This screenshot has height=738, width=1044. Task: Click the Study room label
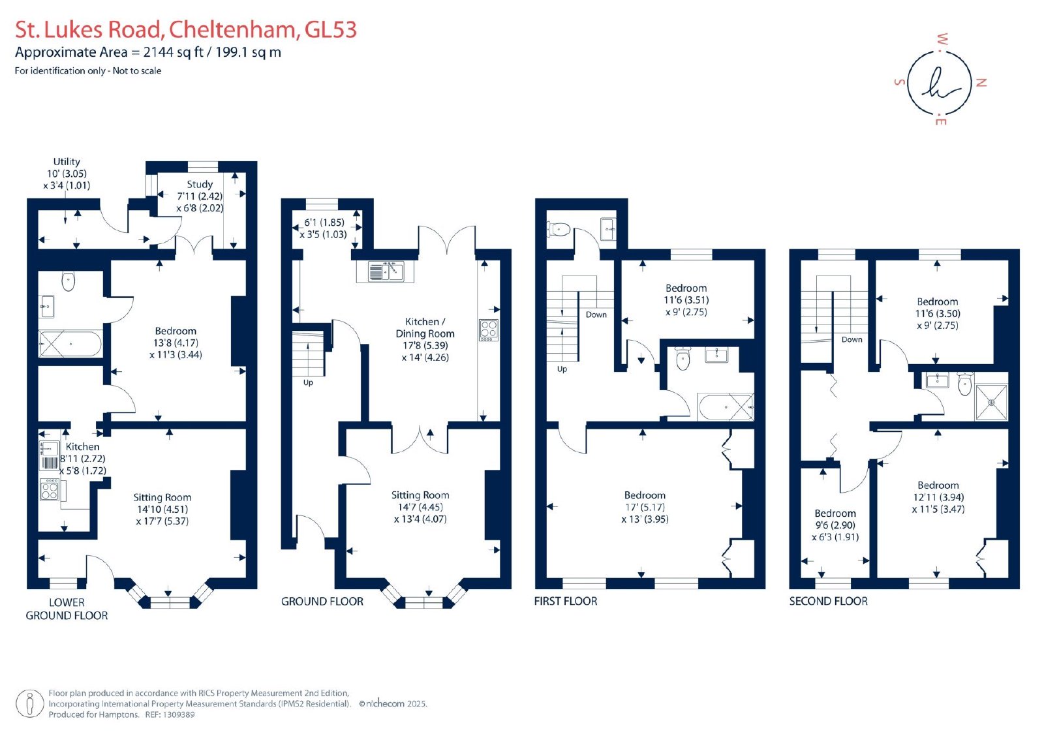click(200, 184)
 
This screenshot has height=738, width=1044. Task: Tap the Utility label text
click(66, 161)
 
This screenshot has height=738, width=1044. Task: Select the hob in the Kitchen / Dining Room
click(489, 330)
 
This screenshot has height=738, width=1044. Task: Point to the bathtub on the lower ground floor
click(70, 344)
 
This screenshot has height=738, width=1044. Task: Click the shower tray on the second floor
click(992, 402)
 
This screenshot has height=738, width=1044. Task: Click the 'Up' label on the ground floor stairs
click(308, 382)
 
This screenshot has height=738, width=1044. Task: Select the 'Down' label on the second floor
click(852, 339)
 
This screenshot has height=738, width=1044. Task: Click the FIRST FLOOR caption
click(565, 601)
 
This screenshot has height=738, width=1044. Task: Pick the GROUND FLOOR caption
click(322, 602)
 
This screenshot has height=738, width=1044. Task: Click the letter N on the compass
click(981, 82)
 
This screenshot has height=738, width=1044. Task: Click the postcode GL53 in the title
click(330, 29)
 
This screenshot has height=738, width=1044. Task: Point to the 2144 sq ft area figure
click(174, 52)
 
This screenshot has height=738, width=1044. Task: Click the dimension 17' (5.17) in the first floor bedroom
click(645, 507)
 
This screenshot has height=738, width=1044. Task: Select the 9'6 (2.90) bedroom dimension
click(835, 525)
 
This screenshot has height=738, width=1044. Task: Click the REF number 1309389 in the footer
click(178, 715)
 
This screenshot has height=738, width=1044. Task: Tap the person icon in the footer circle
click(30, 703)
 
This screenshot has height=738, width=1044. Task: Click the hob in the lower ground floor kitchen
click(50, 489)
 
